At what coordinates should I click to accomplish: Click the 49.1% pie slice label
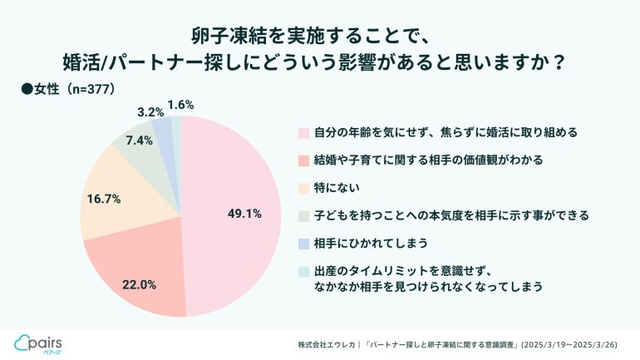coord(244,214)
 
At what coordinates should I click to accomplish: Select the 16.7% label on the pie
coord(104,199)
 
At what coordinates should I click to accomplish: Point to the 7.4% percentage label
coord(139,141)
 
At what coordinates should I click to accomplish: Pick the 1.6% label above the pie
coord(180,105)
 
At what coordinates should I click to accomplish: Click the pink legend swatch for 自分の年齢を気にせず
coord(304,132)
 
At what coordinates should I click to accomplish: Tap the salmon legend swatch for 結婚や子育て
coord(304,159)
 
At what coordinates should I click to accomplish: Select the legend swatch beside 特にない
coord(304,187)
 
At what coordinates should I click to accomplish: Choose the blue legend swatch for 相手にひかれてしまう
coord(304,244)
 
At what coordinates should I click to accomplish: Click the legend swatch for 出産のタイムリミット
coord(304,272)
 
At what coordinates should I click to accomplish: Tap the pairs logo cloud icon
coord(23,341)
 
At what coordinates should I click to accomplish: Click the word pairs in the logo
coord(49,340)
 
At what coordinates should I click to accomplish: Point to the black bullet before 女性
coord(26,89)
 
